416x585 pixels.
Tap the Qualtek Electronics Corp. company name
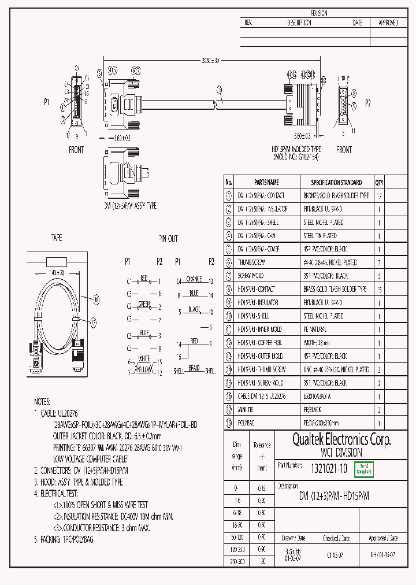coord(333,440)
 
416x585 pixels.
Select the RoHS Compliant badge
coord(364,469)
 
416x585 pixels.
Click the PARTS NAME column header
coord(266,182)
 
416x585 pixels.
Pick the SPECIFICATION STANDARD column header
coord(336,182)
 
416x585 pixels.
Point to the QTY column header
coord(379,182)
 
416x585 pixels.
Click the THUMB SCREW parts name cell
coord(255,262)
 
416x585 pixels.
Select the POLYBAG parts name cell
coord(248,423)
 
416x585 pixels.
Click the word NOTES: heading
coord(42,401)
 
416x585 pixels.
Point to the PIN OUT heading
coord(169,238)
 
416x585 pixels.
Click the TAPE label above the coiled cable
coord(57,238)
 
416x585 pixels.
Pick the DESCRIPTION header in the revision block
coord(299,23)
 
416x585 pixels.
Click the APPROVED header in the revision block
coord(388,23)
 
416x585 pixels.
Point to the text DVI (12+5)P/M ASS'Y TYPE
coord(130,205)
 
